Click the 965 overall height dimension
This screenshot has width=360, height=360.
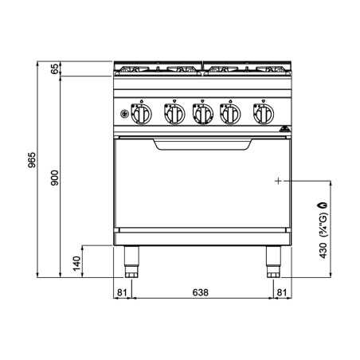click(32, 160)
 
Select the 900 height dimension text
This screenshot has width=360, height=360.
click(55, 178)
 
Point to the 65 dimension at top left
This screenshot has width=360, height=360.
click(55, 68)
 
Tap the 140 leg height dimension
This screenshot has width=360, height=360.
click(76, 264)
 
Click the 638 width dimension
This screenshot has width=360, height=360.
click(201, 292)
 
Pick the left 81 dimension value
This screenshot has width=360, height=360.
click(122, 292)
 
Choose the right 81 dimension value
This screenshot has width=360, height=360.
click(282, 292)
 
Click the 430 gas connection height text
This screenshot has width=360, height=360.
click(323, 250)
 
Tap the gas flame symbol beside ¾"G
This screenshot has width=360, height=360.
click(323, 205)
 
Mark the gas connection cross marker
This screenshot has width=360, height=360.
click(278, 181)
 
